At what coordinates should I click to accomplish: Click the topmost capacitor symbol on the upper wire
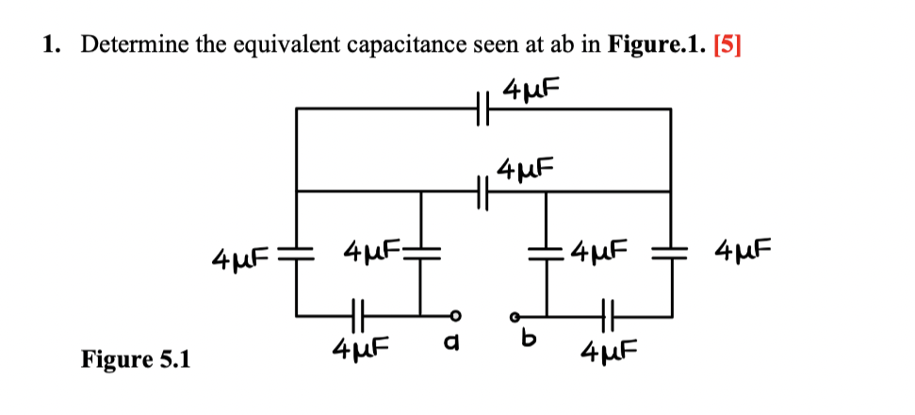point(483,109)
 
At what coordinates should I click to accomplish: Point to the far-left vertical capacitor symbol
point(298,255)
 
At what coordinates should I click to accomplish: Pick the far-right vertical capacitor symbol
point(671,255)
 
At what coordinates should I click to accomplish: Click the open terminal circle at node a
point(455,314)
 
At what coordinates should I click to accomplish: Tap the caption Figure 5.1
point(135,359)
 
